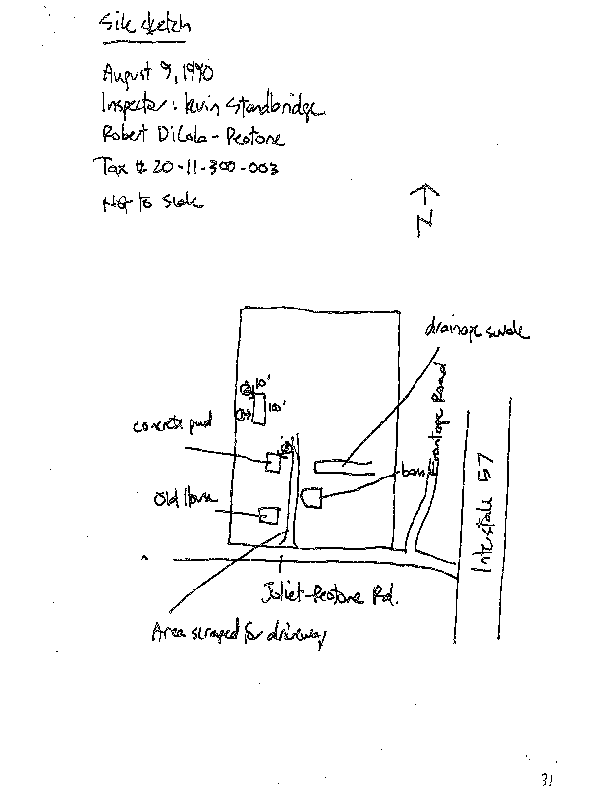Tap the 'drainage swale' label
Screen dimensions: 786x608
click(x=477, y=329)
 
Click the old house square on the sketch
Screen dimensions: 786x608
click(x=269, y=514)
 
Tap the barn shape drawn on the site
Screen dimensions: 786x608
click(x=311, y=499)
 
